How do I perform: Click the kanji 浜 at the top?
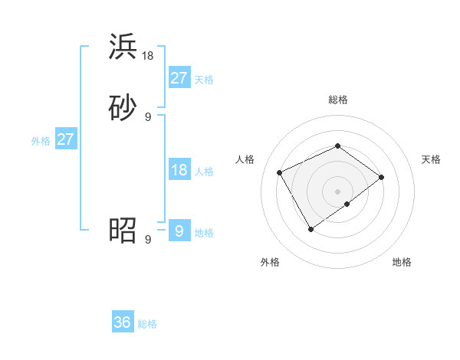[123, 47]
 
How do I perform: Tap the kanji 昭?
[123, 230]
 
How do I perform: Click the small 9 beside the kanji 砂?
[148, 116]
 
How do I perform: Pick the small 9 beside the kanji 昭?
[148, 240]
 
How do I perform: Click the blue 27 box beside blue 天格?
[179, 77]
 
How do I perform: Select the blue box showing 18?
[179, 170]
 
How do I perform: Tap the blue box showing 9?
[179, 231]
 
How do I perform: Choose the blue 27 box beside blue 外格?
[65, 139]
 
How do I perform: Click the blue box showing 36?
[123, 322]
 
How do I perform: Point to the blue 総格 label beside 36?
[147, 324]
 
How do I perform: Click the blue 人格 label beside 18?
[204, 172]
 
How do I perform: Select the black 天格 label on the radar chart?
[431, 159]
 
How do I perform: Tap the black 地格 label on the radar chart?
[402, 262]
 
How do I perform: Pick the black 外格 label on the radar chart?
[270, 262]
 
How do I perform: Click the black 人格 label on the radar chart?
[245, 159]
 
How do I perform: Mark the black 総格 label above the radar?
[337, 100]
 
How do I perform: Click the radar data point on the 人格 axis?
[280, 172]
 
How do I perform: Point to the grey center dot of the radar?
[337, 191]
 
